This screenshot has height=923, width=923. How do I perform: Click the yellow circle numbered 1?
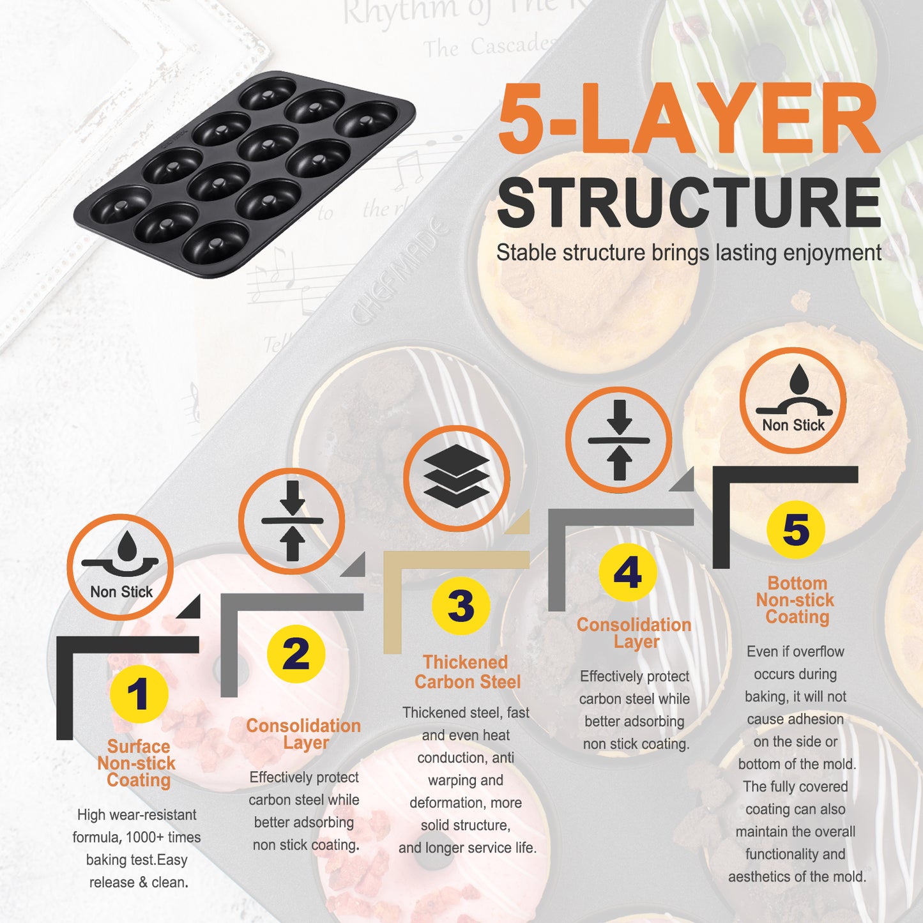(x=139, y=694)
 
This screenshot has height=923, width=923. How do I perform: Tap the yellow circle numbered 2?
(x=296, y=654)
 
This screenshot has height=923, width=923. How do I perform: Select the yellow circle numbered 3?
(x=461, y=606)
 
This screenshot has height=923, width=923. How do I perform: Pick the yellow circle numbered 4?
(x=628, y=572)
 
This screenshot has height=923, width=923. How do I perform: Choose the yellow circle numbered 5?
(x=796, y=530)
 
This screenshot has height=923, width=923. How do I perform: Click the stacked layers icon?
(x=457, y=477)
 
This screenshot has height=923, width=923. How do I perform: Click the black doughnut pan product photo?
(x=244, y=174)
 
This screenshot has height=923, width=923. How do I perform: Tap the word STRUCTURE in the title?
(x=689, y=203)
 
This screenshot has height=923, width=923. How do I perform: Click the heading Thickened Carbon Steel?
(x=467, y=672)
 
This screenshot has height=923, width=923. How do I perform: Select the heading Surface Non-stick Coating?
(x=137, y=763)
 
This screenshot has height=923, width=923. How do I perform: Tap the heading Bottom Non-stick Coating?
(x=797, y=600)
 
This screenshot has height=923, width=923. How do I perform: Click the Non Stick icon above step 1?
(x=120, y=567)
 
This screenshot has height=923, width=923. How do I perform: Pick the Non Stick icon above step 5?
(x=793, y=400)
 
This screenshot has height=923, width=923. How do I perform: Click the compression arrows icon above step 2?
(x=292, y=521)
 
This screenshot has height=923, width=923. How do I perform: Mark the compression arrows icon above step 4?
(x=619, y=439)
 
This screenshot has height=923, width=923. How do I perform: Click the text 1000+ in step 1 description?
(x=146, y=837)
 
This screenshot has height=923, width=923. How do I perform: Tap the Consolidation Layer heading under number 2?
(x=303, y=735)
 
